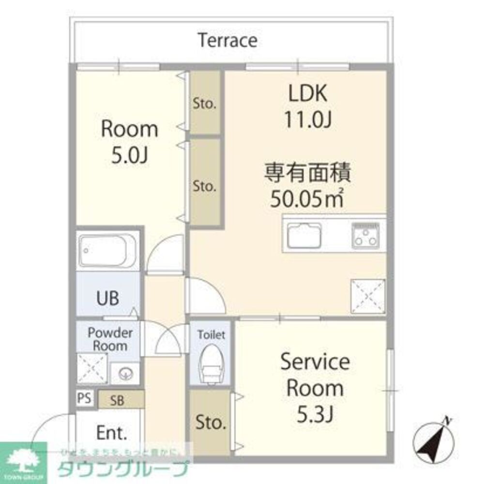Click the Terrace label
pos(227,40)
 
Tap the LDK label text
pos(307,94)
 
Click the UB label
pos(107,298)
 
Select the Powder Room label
pos(110,339)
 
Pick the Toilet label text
pos(211,334)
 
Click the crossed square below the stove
pos(368,296)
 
